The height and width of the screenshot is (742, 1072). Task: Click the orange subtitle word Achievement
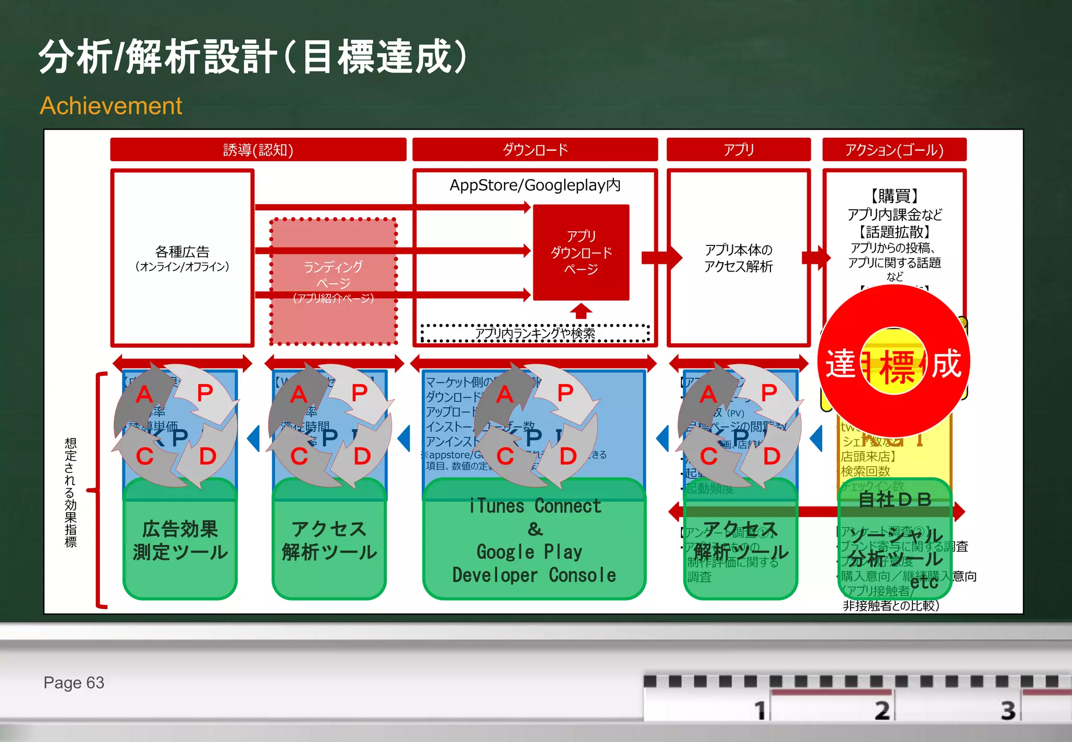[111, 106]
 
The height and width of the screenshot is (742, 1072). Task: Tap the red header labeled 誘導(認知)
[258, 150]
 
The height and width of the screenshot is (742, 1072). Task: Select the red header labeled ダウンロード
[535, 150]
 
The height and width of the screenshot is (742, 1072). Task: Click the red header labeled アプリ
[738, 150]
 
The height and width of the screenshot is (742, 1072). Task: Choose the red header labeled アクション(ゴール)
[894, 150]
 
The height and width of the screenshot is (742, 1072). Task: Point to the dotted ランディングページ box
[333, 282]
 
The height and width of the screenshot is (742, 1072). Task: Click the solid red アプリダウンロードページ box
[581, 252]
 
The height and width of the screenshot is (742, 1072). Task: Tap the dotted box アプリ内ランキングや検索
[535, 333]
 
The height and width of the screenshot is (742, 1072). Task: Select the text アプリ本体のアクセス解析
[738, 258]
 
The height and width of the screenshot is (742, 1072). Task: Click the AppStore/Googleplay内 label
[535, 185]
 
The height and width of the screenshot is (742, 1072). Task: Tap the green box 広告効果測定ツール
[180, 541]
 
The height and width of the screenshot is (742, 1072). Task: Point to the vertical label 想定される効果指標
[71, 492]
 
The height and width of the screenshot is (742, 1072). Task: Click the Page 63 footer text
[74, 682]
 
